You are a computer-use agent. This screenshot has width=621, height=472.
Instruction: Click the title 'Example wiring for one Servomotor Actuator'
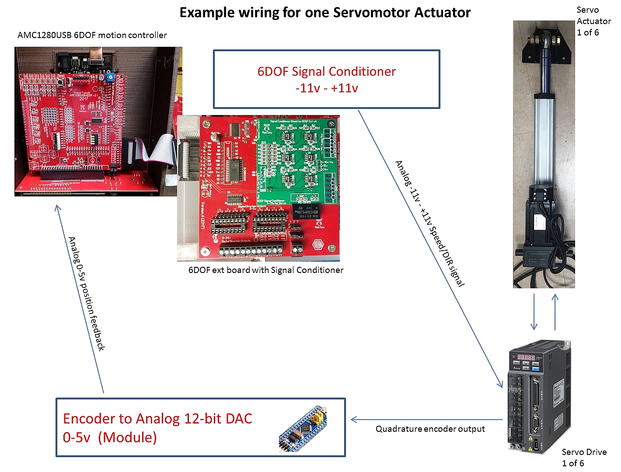coord(324,13)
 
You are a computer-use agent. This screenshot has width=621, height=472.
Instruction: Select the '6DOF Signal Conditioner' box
coord(326,79)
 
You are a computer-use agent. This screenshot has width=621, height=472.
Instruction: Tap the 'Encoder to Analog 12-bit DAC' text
coord(157,419)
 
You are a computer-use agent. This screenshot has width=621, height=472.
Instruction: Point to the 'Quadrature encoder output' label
coord(430,429)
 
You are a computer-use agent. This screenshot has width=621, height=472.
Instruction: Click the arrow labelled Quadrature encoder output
coord(426,420)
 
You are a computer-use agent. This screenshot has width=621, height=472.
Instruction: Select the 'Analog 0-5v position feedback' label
coord(87,294)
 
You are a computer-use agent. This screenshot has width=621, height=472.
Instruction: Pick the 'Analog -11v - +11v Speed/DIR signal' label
coord(429,224)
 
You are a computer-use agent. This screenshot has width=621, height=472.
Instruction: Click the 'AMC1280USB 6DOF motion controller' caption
coord(92,35)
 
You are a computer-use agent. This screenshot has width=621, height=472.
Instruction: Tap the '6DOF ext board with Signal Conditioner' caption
coord(265,270)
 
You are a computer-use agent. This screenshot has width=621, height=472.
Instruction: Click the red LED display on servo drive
coord(526,357)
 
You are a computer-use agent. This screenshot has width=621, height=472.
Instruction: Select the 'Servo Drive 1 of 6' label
coord(584,457)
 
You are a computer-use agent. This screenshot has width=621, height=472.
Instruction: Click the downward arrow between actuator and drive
coord(534,312)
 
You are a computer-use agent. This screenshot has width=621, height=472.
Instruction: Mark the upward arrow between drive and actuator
coord(555,312)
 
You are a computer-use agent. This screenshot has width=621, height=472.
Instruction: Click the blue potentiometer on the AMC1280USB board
coord(111,77)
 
